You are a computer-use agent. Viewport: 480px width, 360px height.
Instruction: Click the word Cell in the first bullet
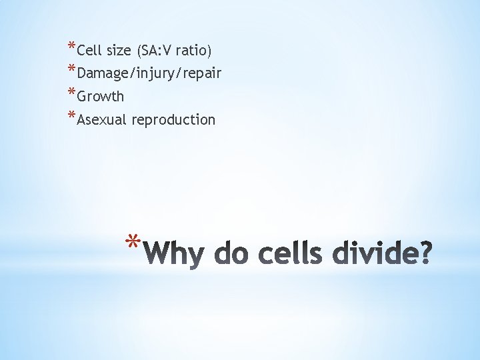click(89, 50)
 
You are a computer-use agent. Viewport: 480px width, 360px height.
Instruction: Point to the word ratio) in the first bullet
click(194, 50)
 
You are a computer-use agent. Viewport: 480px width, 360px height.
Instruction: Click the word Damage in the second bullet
click(101, 73)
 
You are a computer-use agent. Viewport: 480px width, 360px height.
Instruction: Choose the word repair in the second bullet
click(200, 73)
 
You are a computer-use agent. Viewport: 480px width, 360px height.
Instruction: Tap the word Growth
click(101, 96)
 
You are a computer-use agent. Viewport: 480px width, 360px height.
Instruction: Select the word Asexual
click(103, 119)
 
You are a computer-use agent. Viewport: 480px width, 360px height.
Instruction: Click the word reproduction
click(173, 120)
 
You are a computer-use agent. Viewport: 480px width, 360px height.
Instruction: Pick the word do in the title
click(225, 255)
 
